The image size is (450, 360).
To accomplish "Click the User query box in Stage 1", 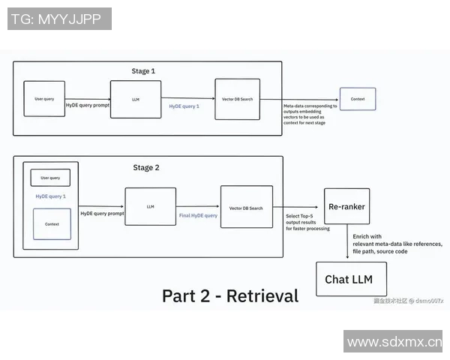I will point(44,98).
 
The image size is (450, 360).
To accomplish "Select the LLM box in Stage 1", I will point(136,99).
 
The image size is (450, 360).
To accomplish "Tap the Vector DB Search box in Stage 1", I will point(237,98).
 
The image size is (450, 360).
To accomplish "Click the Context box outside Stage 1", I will point(358,98).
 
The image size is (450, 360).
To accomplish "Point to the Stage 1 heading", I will point(143,71).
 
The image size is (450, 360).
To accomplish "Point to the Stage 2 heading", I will point(146,168).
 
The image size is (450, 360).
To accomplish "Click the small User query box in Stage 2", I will point(50,178).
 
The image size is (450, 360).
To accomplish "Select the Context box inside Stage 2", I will point(52,223).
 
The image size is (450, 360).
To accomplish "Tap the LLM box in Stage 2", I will point(151,206).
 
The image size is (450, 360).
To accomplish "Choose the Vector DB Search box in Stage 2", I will point(246,207).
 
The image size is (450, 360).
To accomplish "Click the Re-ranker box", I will point(346,206).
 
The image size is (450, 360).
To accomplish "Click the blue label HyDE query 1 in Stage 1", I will point(184,107).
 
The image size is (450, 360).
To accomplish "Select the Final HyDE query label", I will point(198,215).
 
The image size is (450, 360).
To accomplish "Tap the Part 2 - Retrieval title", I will point(229,295).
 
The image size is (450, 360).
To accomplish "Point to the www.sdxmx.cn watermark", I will point(394,343).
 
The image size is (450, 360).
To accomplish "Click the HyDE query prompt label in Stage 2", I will point(102,214).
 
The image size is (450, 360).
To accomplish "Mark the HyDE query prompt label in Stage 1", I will point(88,106).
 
